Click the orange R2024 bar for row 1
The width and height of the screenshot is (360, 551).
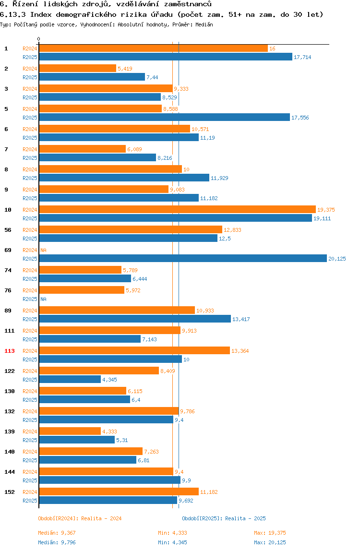click(x=153, y=48)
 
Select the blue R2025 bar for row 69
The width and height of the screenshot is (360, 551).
click(x=183, y=259)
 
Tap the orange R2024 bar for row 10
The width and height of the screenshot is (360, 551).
click(x=177, y=210)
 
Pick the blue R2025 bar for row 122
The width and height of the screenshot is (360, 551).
click(x=70, y=380)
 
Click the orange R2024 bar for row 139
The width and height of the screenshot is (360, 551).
click(x=70, y=431)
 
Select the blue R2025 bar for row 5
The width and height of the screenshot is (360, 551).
click(x=164, y=118)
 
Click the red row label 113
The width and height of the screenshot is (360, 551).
click(x=10, y=351)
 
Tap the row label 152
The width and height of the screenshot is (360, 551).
click(x=10, y=492)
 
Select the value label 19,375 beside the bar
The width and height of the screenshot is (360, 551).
click(x=326, y=210)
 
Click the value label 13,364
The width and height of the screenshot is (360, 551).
click(x=240, y=351)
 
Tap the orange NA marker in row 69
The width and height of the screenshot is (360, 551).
click(x=43, y=250)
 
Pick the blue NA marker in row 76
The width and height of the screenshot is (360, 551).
click(x=43, y=299)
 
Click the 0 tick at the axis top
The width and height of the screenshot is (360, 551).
click(x=39, y=39)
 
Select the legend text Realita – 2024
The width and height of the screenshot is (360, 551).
click(x=101, y=518)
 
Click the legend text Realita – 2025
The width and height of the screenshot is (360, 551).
click(x=245, y=518)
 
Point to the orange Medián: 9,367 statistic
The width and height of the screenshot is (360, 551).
click(x=57, y=533)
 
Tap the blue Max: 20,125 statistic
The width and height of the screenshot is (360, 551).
click(x=270, y=542)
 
